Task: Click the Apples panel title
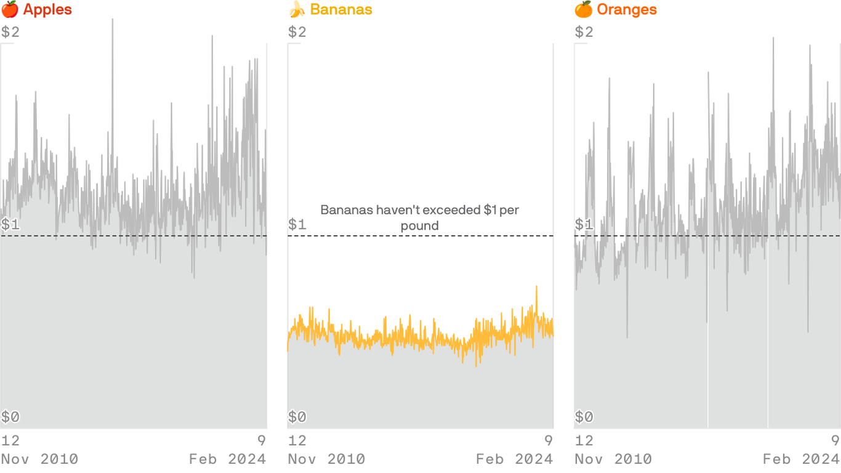coord(47,10)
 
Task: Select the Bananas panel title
coord(340,10)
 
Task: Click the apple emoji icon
coord(9,10)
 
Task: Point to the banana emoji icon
coord(297,10)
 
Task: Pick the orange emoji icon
coord(583,10)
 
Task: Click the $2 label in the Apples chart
coord(10,32)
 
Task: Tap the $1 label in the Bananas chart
coord(297,224)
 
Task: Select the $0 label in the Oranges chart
coord(584,417)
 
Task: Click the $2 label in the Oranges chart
coord(584,32)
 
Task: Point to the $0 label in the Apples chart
coord(10,417)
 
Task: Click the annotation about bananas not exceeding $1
coord(420,218)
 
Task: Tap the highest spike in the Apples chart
coord(113,20)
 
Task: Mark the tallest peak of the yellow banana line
coord(536,287)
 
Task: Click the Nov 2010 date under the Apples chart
coord(39,459)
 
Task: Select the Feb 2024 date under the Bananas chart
coord(515,459)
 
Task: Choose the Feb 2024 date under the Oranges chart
coord(802,459)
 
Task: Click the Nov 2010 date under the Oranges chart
coord(613,459)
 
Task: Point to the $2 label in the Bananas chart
coord(297,32)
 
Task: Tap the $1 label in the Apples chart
coord(10,224)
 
